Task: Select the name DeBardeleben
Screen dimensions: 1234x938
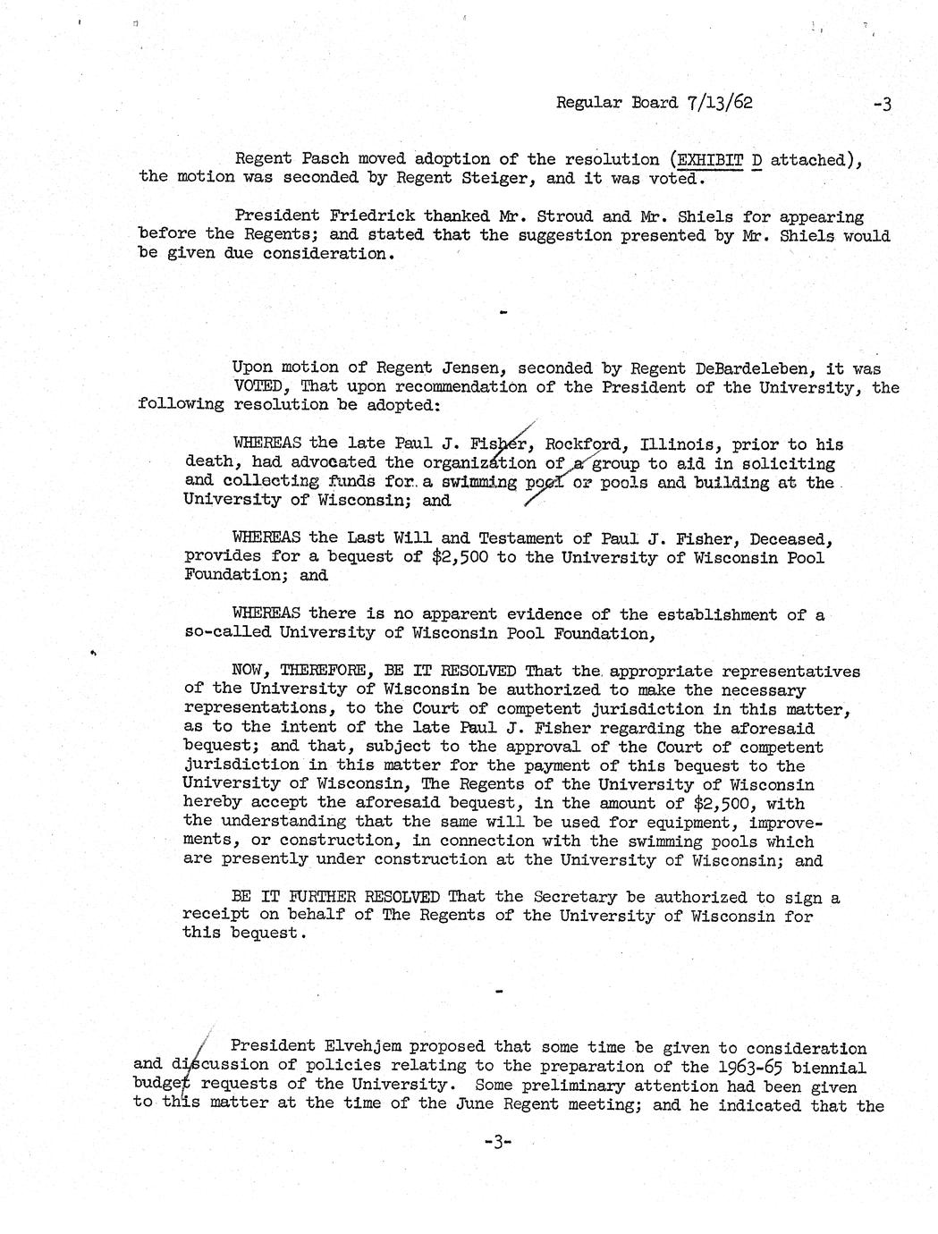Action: click(741, 368)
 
